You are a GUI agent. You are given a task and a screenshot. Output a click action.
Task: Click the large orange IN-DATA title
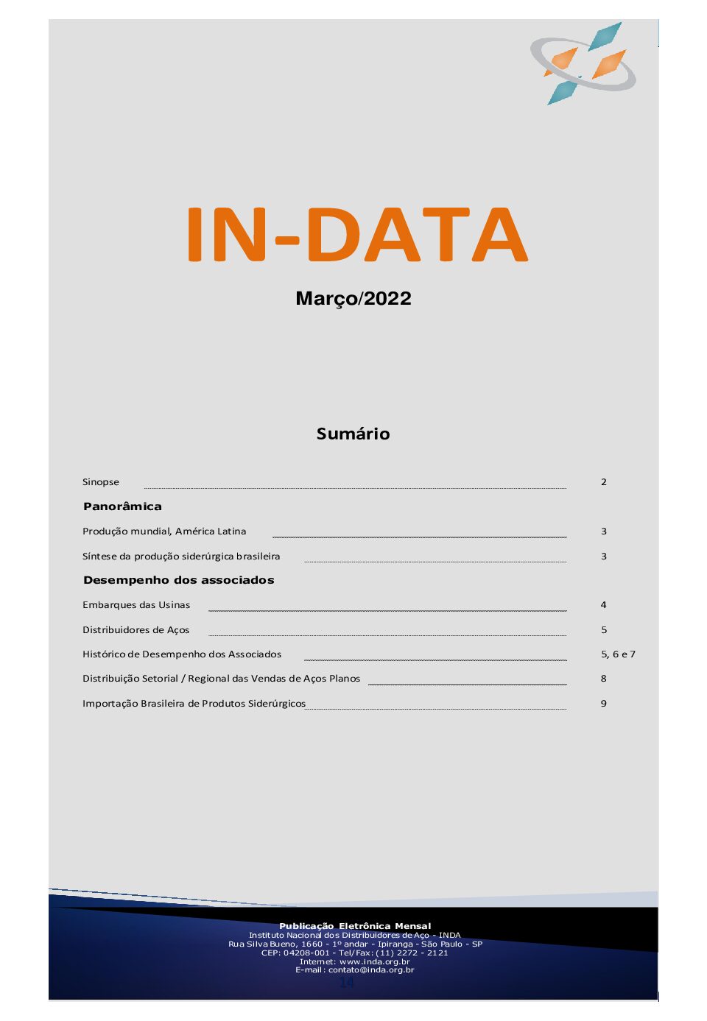click(x=357, y=235)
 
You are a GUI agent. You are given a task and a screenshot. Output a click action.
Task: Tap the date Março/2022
click(x=353, y=299)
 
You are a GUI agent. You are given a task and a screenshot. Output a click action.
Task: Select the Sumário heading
click(x=353, y=434)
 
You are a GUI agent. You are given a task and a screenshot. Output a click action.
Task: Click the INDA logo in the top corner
click(x=583, y=63)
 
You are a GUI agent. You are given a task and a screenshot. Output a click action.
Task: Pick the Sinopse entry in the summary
click(x=101, y=482)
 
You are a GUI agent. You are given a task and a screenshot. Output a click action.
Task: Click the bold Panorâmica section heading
click(x=122, y=506)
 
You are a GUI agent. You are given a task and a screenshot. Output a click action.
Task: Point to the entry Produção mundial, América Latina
click(x=164, y=531)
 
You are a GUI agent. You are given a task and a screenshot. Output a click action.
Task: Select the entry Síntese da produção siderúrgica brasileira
click(x=181, y=557)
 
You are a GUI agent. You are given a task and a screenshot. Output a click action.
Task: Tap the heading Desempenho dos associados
click(x=178, y=580)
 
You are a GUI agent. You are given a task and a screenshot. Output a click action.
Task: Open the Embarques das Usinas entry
click(x=136, y=605)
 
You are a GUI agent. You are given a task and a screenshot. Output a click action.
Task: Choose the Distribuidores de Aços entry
click(x=136, y=630)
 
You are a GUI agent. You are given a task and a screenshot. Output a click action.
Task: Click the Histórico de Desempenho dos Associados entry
click(x=182, y=654)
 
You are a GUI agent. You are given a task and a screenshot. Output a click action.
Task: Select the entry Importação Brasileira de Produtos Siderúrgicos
click(x=194, y=704)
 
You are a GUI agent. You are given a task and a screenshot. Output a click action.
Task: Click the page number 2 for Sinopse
click(x=604, y=482)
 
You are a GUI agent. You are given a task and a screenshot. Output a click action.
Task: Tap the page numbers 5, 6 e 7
click(x=618, y=654)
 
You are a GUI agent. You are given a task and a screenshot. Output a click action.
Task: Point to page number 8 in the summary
click(x=604, y=679)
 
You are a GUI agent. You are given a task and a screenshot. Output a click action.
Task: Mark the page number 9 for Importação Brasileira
click(x=604, y=704)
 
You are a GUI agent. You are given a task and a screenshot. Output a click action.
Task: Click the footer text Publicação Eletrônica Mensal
click(x=355, y=926)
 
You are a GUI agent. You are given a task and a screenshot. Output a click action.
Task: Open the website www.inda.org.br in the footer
click(x=375, y=961)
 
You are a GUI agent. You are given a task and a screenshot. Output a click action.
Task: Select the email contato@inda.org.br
click(x=371, y=970)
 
